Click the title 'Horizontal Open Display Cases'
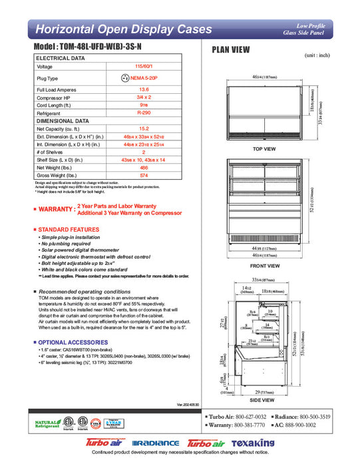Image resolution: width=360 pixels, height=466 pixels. [123, 29]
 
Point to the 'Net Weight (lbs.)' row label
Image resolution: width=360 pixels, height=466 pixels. [58, 168]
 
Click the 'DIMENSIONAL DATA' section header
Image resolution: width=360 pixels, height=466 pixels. [63, 122]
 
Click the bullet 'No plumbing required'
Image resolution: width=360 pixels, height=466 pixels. [70, 244]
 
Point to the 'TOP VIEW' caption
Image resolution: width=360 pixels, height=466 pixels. [264, 149]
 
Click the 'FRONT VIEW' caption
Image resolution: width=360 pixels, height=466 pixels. [264, 264]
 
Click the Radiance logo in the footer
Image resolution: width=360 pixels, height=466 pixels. [156, 443]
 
